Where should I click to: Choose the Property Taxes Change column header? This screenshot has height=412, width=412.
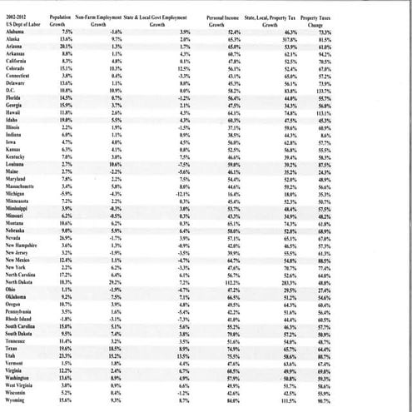point(317,19)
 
